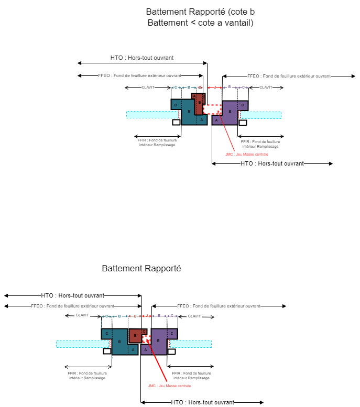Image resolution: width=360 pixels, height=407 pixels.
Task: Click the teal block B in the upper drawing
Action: [x=189, y=112]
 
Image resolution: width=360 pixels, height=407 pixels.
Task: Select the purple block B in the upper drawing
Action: [x=230, y=112]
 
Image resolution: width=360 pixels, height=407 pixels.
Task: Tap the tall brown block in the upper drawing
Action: [x=199, y=104]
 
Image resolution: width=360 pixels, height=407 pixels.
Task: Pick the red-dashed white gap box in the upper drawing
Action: [x=212, y=109]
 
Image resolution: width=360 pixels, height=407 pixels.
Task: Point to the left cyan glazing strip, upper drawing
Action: [x=152, y=115]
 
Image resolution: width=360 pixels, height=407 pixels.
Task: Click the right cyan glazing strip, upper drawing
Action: [x=260, y=115]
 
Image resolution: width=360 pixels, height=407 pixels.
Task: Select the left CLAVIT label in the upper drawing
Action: [x=148, y=87]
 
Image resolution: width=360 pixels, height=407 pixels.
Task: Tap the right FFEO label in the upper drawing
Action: [x=289, y=76]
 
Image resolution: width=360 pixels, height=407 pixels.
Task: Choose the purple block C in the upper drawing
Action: [x=243, y=105]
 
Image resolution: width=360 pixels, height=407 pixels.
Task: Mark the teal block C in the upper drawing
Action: [x=176, y=105]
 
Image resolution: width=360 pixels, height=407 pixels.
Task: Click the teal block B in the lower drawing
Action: [x=119, y=342]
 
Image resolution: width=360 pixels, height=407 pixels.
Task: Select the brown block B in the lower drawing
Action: [x=135, y=336]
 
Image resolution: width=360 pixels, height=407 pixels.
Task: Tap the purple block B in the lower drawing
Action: [x=159, y=341]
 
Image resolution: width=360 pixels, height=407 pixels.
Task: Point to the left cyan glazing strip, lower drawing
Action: [x=82, y=344]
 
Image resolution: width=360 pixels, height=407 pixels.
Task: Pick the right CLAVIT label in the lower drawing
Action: [x=194, y=316]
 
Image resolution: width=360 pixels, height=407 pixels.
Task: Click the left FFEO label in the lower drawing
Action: [x=72, y=306]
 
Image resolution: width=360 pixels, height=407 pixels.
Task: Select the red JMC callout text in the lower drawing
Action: [x=169, y=386]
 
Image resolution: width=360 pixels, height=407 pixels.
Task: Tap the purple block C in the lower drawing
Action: [x=172, y=334]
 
